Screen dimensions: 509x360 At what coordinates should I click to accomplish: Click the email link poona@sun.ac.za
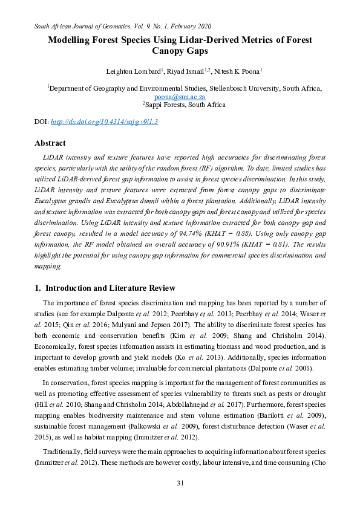pos(180,96)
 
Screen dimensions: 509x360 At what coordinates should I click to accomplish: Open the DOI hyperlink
pos(104,122)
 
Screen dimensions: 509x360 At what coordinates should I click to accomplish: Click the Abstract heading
pos(50,144)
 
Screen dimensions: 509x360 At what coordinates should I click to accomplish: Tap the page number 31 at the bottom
pos(180,482)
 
